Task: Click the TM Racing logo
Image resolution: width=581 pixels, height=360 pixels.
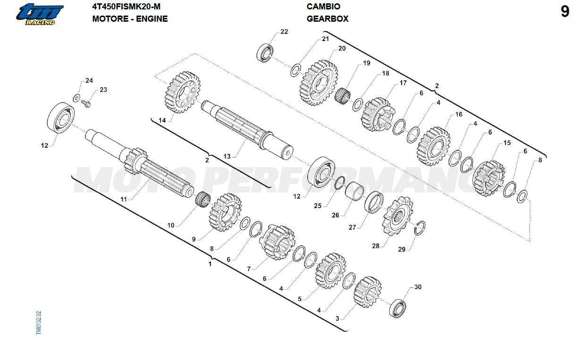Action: pos(40,14)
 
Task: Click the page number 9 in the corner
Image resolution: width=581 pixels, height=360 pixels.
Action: pos(565,12)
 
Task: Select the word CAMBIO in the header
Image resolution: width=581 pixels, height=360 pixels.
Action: pos(323,7)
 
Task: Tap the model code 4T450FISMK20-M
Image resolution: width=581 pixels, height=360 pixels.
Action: pos(126,7)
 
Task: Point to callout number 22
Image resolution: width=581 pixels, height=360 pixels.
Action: pos(284,32)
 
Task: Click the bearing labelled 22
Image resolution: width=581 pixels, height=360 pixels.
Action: pos(265,53)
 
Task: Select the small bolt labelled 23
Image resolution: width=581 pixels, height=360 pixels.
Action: pos(86,103)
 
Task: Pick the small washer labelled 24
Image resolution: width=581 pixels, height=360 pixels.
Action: pos(76,98)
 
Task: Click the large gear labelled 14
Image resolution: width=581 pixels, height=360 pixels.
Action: pos(182,92)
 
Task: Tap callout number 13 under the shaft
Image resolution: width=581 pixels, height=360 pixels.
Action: pos(227,156)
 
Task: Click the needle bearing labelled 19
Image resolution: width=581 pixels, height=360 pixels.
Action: pos(342,96)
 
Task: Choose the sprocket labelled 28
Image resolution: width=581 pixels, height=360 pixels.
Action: pos(397,216)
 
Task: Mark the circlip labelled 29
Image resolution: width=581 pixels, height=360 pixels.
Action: pos(420,228)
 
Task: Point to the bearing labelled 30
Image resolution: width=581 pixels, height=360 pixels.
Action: pos(397,308)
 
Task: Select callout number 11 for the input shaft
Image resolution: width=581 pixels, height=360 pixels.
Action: pos(124,199)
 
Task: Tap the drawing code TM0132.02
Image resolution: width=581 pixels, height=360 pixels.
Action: pos(39,323)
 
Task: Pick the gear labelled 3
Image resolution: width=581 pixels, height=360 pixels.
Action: pos(368,292)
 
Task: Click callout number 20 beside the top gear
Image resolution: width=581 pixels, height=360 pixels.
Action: pos(342,49)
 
